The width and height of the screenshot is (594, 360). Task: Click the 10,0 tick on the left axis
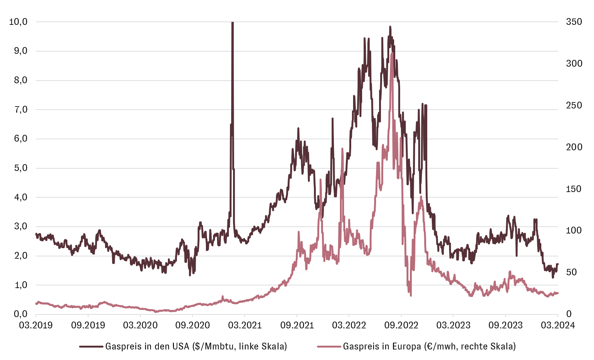[x=18, y=22]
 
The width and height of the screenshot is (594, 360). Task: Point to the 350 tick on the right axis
[x=574, y=22]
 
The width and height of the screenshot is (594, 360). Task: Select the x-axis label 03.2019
[x=36, y=325]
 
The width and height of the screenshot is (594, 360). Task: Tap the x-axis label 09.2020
[x=192, y=325]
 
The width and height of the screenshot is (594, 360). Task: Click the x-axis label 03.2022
[x=349, y=325]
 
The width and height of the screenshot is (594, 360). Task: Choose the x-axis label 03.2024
[x=558, y=325]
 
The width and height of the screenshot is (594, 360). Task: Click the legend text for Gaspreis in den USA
[x=196, y=346]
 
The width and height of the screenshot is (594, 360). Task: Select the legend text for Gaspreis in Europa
[x=429, y=346]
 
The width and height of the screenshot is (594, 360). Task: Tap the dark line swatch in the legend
[x=91, y=346]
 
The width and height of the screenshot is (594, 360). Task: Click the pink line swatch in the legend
[x=329, y=346]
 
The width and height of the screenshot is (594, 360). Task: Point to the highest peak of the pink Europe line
[x=392, y=54]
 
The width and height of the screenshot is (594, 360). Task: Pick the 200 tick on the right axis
[x=574, y=147]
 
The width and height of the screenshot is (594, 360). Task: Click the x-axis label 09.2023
[x=506, y=325]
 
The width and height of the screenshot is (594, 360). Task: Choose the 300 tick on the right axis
[x=574, y=64]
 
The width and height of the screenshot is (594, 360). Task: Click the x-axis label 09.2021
[x=297, y=325]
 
